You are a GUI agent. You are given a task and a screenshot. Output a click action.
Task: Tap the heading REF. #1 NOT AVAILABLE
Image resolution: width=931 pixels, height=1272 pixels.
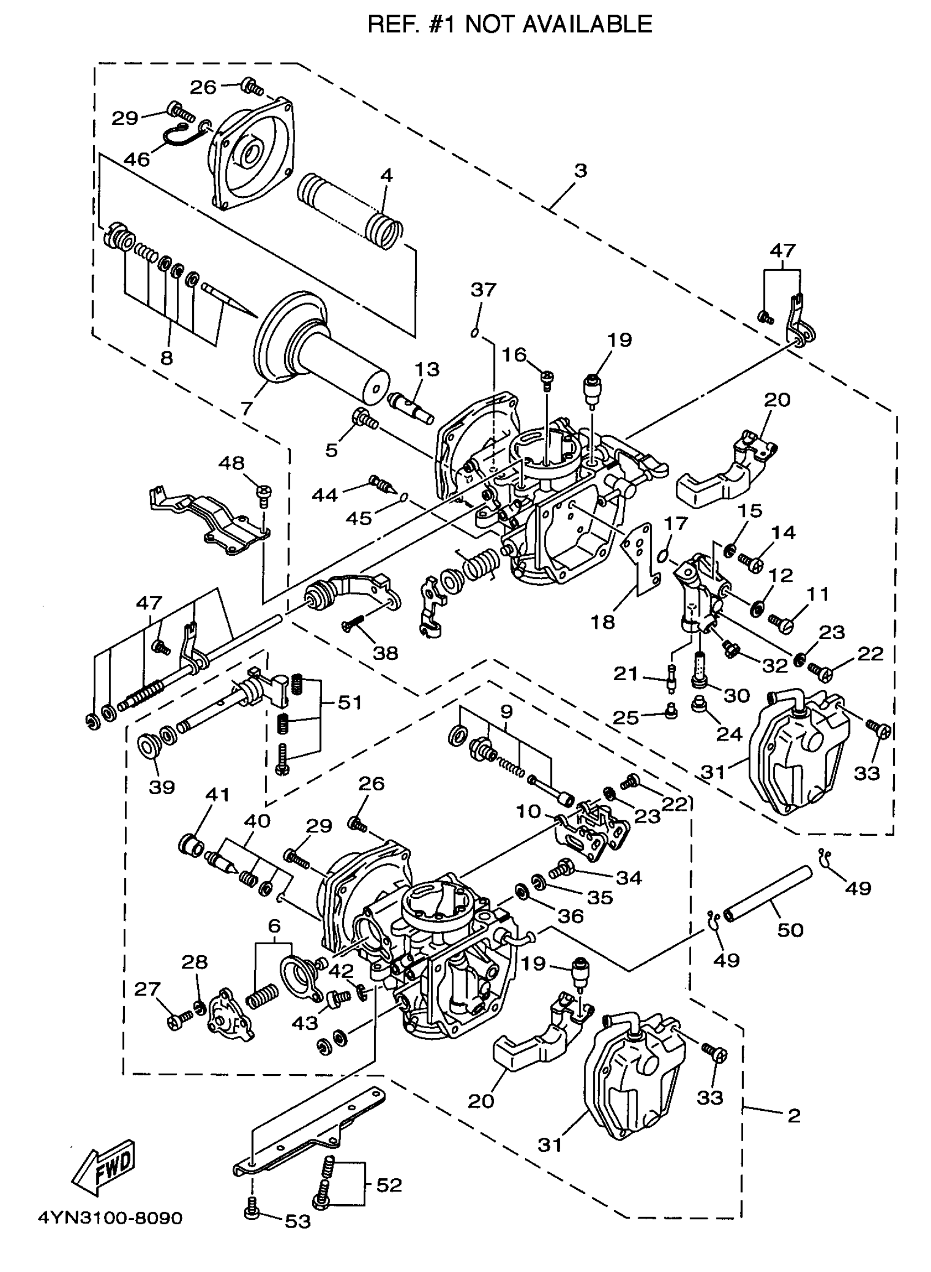pyautogui.click(x=509, y=25)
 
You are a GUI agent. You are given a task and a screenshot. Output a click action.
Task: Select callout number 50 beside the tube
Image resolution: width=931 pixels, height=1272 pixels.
pyautogui.click(x=790, y=930)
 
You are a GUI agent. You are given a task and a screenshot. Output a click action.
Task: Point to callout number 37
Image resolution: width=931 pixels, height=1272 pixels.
pyautogui.click(x=483, y=290)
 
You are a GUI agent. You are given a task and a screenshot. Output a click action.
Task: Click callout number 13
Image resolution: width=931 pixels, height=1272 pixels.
pyautogui.click(x=427, y=369)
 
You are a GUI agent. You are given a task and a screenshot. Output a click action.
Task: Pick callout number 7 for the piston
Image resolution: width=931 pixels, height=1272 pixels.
pyautogui.click(x=246, y=408)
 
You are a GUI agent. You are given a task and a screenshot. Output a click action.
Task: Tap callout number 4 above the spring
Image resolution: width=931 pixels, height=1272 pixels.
pyautogui.click(x=386, y=175)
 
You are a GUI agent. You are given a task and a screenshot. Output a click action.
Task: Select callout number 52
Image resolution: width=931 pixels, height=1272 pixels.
pyautogui.click(x=389, y=1185)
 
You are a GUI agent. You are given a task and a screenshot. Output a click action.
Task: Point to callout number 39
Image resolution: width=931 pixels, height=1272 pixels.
pyautogui.click(x=162, y=786)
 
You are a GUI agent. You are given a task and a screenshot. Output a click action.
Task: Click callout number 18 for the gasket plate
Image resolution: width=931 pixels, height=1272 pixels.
pyautogui.click(x=602, y=623)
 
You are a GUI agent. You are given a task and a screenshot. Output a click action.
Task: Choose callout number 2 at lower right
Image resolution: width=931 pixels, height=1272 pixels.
pyautogui.click(x=794, y=1115)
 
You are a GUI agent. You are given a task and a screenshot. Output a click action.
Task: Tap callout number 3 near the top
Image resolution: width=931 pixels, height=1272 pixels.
pyautogui.click(x=581, y=170)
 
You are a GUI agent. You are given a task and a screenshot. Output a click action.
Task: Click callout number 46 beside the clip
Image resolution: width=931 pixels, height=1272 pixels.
pyautogui.click(x=137, y=159)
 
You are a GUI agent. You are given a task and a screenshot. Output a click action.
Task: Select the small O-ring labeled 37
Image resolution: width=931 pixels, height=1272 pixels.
pyautogui.click(x=474, y=333)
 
